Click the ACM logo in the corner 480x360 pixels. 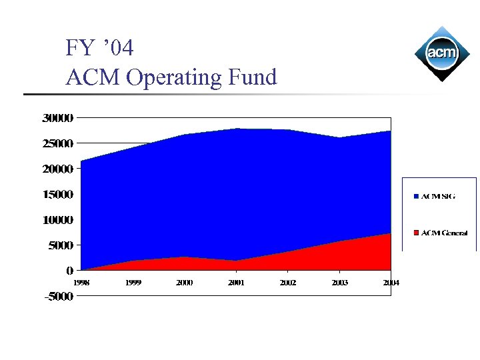[441, 53]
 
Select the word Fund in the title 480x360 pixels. [252, 77]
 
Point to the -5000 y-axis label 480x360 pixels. [58, 297]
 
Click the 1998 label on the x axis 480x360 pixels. [81, 283]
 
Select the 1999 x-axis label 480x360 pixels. [133, 283]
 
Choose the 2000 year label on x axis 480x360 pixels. [185, 283]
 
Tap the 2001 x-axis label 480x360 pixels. [236, 283]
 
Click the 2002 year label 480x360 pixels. [288, 283]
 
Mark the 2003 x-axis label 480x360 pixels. [339, 283]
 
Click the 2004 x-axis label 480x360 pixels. [391, 283]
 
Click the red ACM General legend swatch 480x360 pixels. [416, 233]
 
